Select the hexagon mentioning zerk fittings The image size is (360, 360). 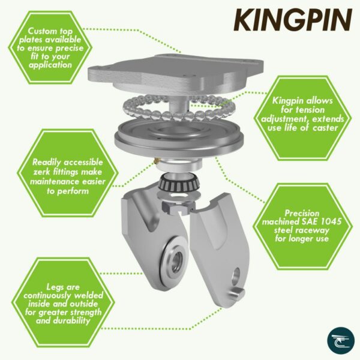click(59, 176)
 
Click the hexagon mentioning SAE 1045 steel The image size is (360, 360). click(302, 224)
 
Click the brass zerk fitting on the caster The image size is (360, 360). click(155, 161)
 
